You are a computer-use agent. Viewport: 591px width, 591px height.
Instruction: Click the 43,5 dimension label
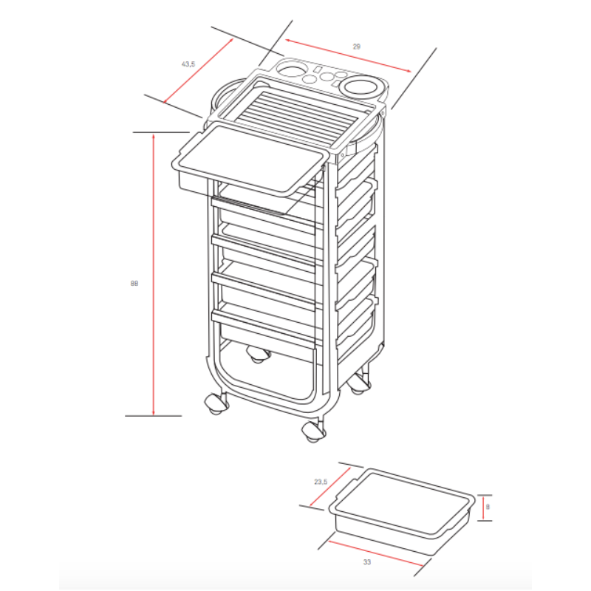click(x=188, y=64)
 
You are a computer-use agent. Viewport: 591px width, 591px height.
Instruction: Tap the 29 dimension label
click(x=357, y=47)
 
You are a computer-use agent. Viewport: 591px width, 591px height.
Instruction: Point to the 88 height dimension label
click(x=134, y=283)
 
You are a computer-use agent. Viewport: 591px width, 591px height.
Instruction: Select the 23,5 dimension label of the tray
click(x=320, y=482)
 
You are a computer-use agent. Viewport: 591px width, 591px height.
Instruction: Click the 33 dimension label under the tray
click(x=367, y=562)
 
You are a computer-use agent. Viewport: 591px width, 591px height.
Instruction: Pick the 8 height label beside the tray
click(x=488, y=507)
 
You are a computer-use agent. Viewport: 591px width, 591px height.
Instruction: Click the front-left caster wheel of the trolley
click(x=216, y=403)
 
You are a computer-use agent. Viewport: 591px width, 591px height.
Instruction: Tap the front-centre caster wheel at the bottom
click(x=313, y=431)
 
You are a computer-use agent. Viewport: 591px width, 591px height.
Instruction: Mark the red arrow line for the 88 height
click(x=153, y=273)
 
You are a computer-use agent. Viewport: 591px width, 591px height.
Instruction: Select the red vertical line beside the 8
click(x=482, y=508)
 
